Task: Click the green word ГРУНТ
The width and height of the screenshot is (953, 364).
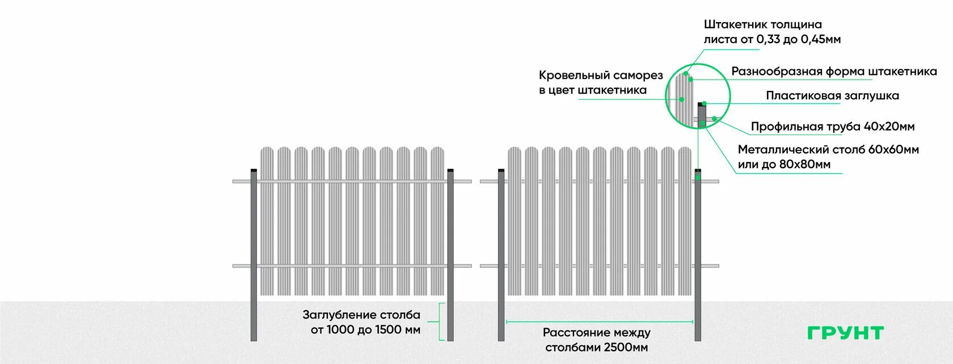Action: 845,333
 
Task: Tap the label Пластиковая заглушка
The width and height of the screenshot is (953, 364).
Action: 832,95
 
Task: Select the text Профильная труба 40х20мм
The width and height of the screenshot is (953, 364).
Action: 832,126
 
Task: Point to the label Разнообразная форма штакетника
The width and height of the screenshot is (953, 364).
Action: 833,71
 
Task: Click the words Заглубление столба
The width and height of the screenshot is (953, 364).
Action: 361,315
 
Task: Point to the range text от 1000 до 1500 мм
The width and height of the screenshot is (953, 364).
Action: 365,329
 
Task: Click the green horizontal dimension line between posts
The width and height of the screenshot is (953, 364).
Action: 599,321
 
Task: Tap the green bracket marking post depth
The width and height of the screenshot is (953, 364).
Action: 442,321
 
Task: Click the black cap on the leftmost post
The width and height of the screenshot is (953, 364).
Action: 254,170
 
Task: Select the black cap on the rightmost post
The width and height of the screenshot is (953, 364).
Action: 698,170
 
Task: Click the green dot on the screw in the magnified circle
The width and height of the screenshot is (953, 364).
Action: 682,99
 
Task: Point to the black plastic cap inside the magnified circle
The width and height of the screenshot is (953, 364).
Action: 702,104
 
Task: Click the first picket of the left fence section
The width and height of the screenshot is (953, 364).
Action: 267,221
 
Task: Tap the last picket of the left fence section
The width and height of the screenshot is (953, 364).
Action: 437,221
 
